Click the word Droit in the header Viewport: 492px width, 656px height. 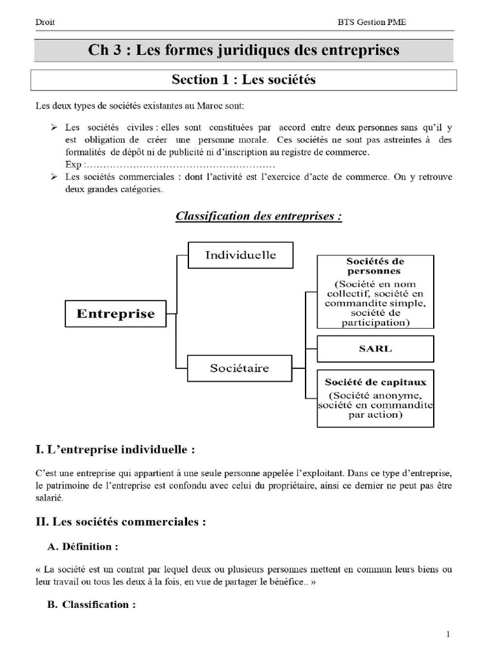(45, 22)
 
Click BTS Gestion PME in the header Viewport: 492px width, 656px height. (372, 22)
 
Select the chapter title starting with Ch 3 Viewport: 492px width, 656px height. (243, 50)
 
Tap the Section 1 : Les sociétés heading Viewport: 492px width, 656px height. (243, 80)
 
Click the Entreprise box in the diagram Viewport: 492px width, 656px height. (116, 314)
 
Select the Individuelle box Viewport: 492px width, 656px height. (240, 255)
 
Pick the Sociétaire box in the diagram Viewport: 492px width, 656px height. (240, 368)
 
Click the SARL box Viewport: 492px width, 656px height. (375, 349)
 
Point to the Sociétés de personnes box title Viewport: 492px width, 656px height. (375, 266)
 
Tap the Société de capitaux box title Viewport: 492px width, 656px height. (375, 382)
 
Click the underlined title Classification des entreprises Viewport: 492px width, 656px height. (259, 216)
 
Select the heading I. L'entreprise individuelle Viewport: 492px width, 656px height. (115, 450)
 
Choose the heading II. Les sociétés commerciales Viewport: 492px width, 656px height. (121, 522)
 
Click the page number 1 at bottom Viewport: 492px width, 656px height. (448, 634)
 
